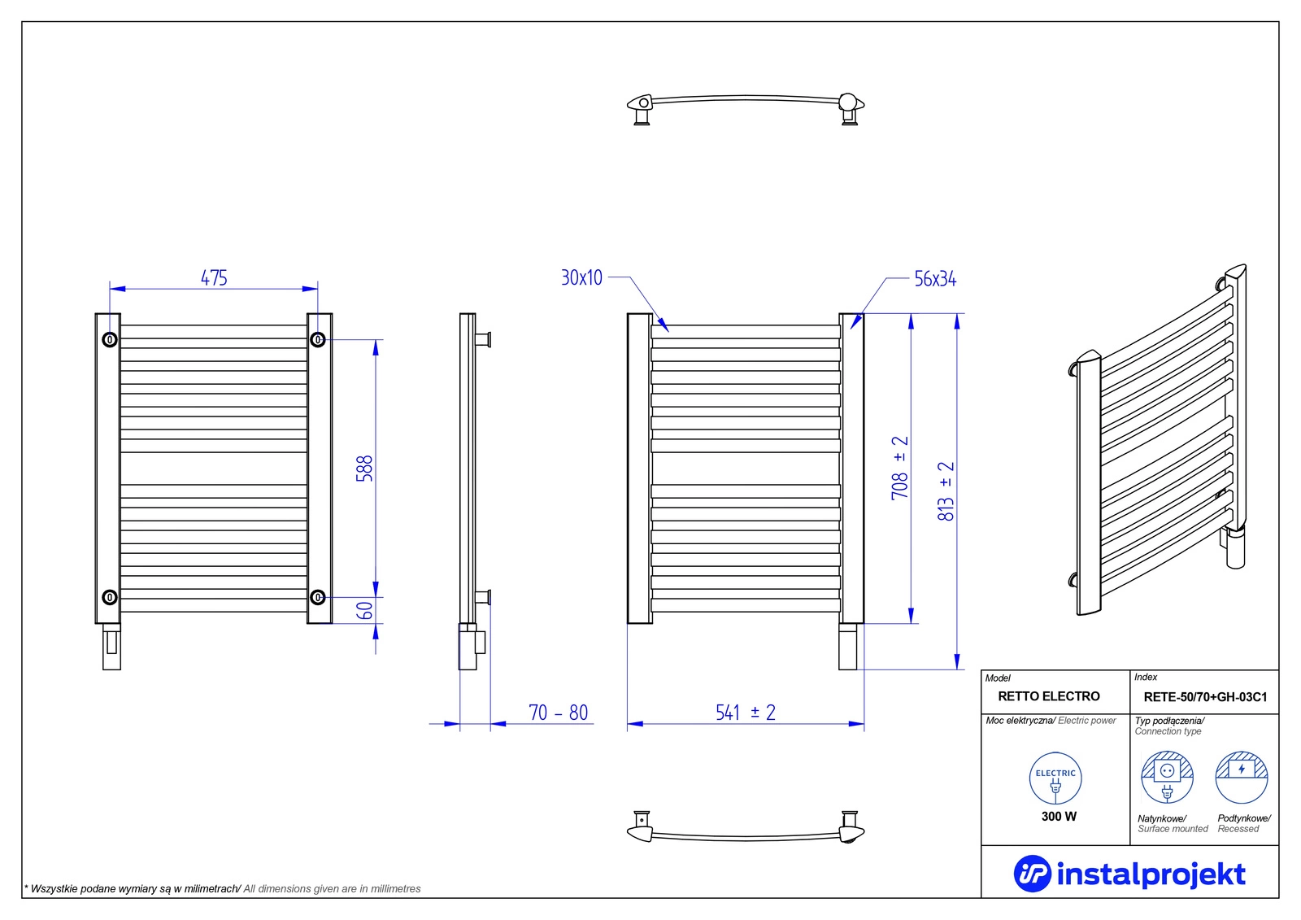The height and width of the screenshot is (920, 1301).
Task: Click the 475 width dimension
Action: (214, 278)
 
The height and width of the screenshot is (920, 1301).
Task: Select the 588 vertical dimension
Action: (364, 469)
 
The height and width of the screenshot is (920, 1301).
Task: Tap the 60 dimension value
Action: (364, 610)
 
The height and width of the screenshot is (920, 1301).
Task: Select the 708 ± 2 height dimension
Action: (899, 467)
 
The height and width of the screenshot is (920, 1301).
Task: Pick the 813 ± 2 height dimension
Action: (946, 491)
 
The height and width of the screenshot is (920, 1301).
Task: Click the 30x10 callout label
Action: (581, 278)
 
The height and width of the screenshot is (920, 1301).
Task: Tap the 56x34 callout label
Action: (935, 279)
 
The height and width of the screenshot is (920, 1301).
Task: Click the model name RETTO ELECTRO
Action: (1048, 696)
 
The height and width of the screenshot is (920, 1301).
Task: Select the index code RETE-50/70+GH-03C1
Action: (1205, 697)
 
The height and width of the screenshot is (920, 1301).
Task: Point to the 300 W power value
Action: (1058, 817)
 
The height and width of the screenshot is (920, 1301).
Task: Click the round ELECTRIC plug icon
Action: (1055, 778)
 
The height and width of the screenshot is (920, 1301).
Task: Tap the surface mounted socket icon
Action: (1167, 777)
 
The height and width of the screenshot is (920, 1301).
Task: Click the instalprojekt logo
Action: (1129, 874)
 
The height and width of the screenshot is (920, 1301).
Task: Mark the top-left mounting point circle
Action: (110, 339)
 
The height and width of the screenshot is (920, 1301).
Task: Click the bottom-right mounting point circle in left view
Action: (317, 597)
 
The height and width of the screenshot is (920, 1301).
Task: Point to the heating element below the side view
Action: (472, 646)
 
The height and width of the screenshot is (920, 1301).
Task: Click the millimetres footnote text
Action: (223, 888)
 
